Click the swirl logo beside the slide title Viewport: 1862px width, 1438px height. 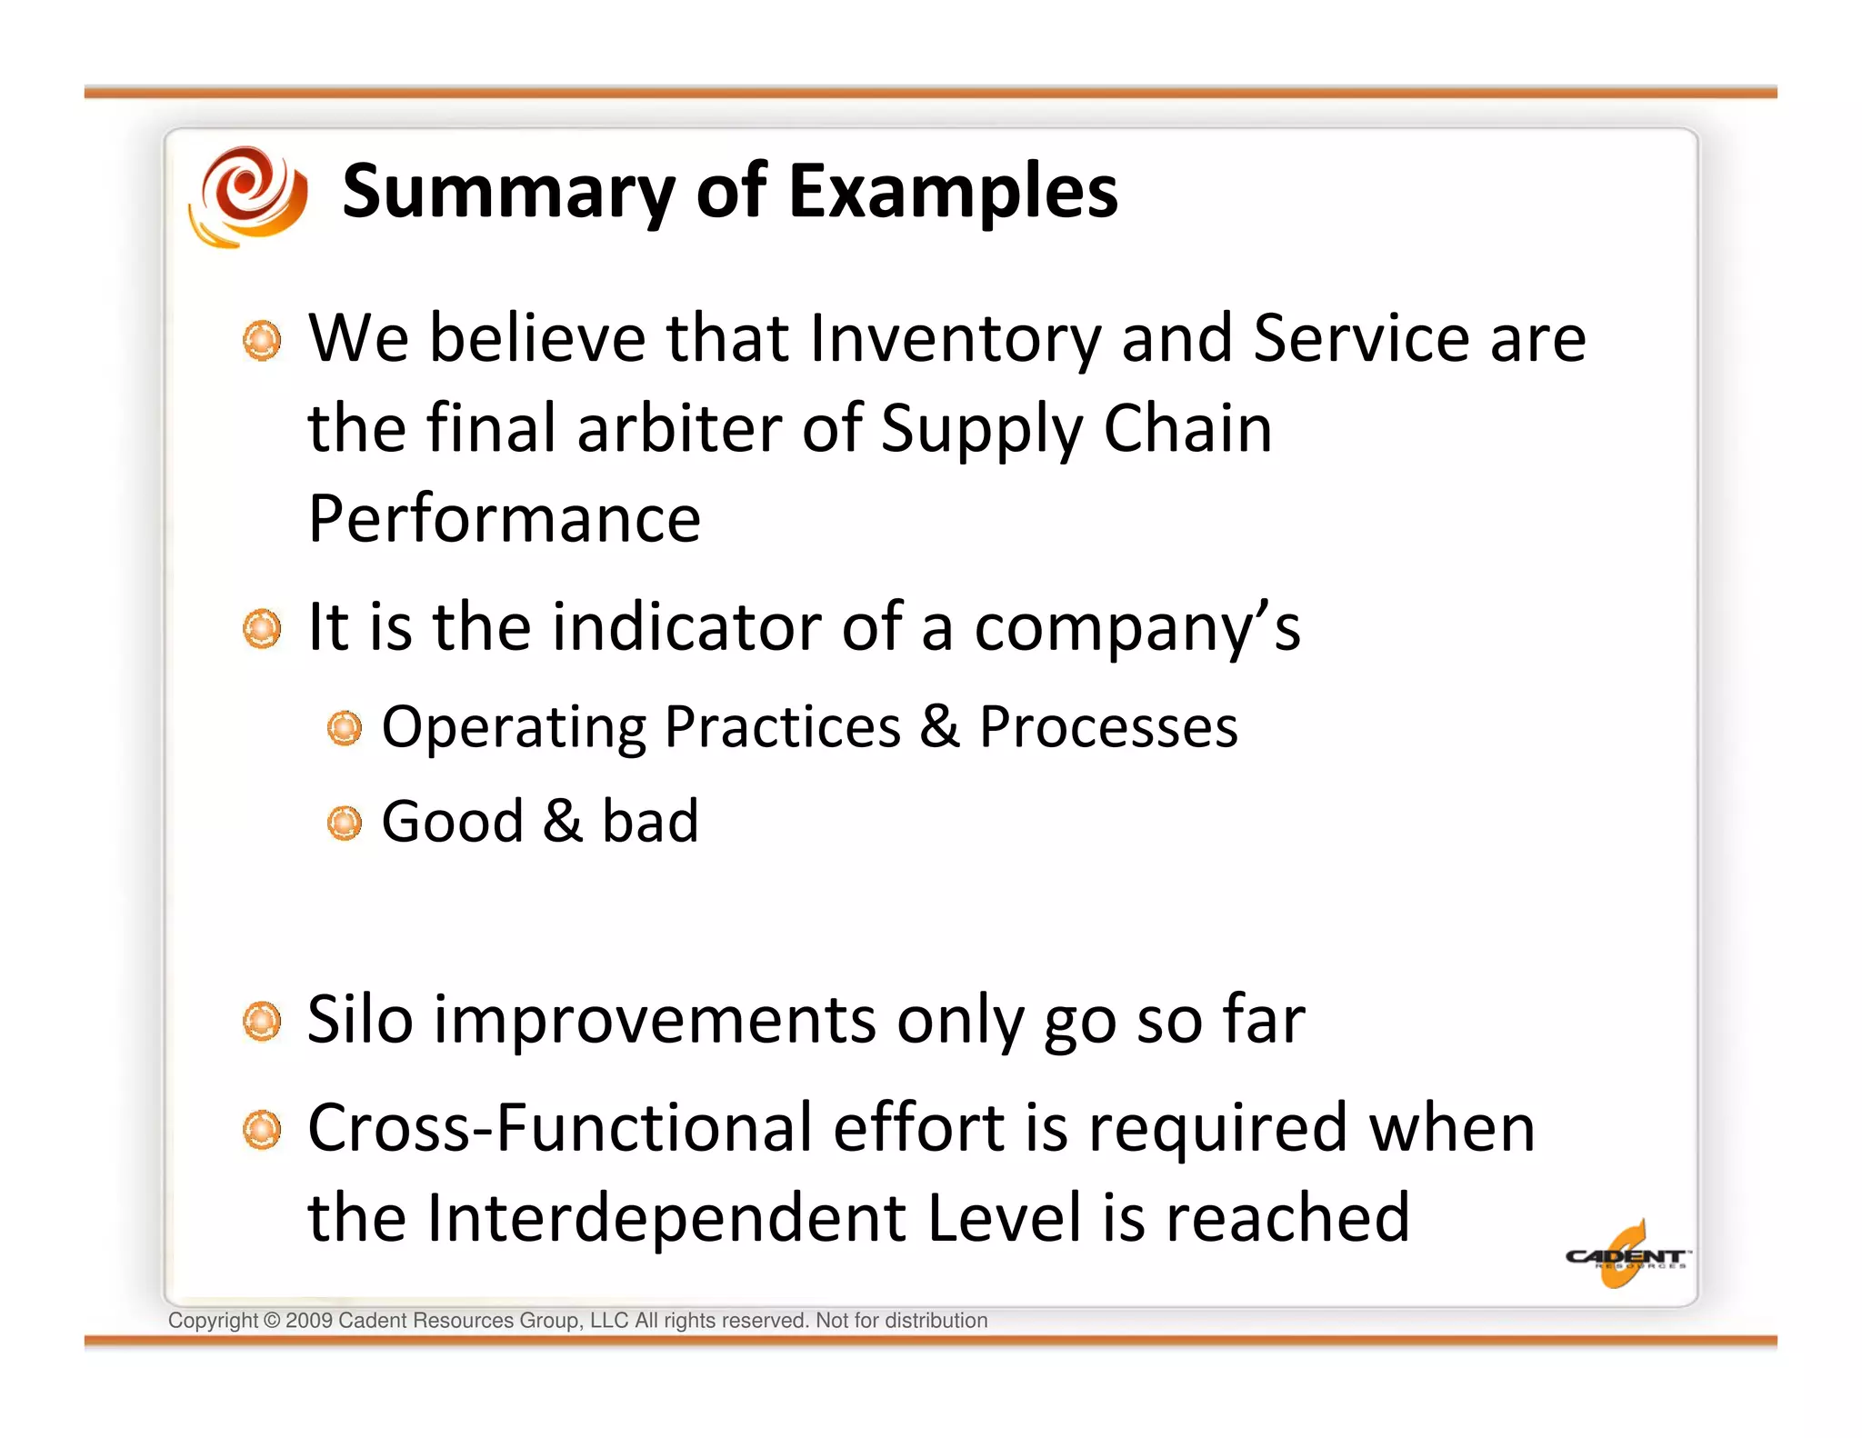(247, 195)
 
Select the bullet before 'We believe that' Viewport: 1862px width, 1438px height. (263, 341)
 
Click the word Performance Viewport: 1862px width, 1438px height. (505, 519)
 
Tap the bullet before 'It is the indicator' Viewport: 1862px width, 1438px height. (263, 629)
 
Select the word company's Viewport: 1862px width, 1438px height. (1137, 629)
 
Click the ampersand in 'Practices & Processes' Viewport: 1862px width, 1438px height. (939, 726)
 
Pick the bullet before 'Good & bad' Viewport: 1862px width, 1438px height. (345, 824)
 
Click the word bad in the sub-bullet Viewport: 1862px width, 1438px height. (650, 822)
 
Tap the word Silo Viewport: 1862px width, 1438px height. (360, 1020)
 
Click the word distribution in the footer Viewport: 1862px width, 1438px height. (936, 1321)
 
